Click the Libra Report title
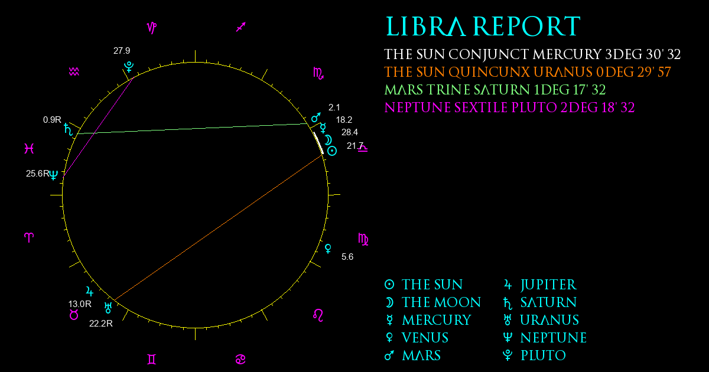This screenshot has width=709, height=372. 483,27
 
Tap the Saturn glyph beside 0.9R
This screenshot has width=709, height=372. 68,129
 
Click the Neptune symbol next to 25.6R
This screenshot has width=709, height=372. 54,175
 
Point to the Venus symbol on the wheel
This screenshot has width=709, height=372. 329,249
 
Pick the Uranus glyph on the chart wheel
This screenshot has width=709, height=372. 108,308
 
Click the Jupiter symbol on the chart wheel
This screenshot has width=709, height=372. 90,291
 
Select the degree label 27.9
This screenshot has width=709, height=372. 122,51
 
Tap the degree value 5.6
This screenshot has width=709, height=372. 347,257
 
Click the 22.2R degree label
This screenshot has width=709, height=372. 101,324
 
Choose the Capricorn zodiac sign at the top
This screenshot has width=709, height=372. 152,28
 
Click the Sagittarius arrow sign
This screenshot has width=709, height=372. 241,27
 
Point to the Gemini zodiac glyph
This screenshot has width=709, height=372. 152,360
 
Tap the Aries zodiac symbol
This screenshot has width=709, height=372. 29,237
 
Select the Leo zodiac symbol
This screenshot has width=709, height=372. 318,315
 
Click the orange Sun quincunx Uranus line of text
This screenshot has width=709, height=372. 527,72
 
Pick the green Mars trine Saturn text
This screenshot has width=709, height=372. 495,90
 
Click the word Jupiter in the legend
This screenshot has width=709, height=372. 549,285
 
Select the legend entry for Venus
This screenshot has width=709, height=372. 417,338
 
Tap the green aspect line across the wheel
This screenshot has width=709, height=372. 193,129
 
